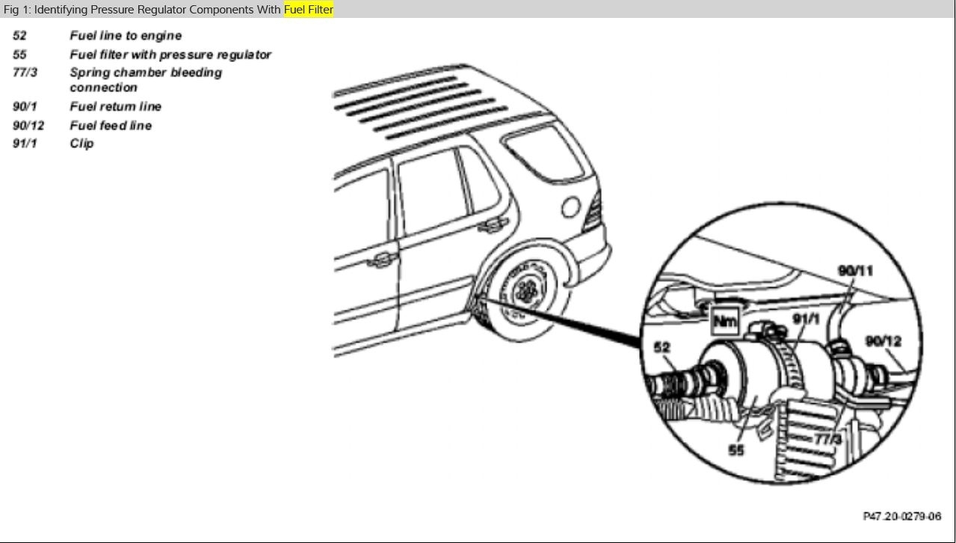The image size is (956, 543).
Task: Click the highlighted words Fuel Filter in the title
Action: click(x=308, y=10)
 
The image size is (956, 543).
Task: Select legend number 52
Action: click(x=19, y=36)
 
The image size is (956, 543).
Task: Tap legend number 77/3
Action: click(x=25, y=73)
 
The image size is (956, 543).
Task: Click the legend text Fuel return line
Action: click(x=115, y=106)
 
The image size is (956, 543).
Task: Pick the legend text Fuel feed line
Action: click(x=111, y=126)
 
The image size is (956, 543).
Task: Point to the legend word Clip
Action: click(x=81, y=143)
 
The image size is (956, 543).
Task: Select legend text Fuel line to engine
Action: click(x=126, y=36)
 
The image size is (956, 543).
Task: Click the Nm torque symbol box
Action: click(x=724, y=322)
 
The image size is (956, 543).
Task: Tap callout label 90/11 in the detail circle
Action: click(x=854, y=271)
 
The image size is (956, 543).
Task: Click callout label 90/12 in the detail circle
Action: click(x=883, y=341)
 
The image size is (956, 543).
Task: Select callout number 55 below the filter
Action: click(x=737, y=450)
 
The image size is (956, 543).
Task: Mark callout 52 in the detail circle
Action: click(x=662, y=347)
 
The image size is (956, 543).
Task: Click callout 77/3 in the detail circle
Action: click(x=827, y=439)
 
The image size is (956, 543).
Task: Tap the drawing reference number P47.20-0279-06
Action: click(x=901, y=517)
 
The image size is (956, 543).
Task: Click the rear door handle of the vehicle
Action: click(x=492, y=224)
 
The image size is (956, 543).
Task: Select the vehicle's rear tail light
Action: click(x=593, y=212)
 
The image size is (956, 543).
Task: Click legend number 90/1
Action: click(x=25, y=106)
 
